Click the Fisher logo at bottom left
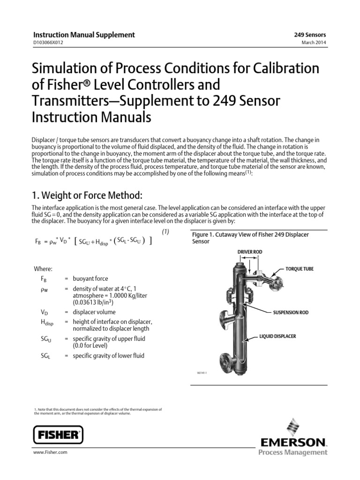(58, 435)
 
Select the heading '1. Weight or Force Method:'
(86, 195)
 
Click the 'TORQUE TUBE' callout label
(300, 269)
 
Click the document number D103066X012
(47, 43)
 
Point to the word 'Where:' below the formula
(43, 269)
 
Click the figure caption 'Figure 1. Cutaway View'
(250, 234)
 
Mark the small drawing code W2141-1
(202, 374)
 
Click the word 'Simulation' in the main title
(63, 68)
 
